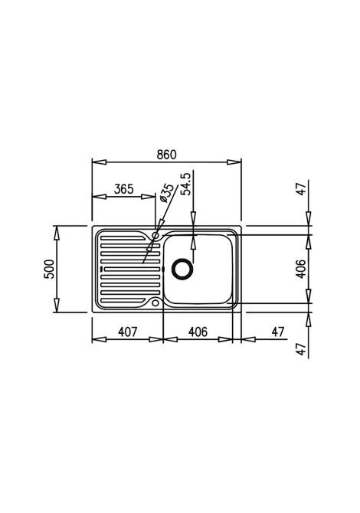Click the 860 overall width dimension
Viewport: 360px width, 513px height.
point(166,155)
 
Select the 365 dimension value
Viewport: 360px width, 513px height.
point(124,189)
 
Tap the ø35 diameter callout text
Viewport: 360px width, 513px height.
point(167,193)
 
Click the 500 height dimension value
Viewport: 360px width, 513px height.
point(49,269)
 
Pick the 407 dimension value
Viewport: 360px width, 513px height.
point(127,332)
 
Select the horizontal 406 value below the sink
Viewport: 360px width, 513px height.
point(198,332)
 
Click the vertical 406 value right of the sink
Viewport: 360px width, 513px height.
point(301,269)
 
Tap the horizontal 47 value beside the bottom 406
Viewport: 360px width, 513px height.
point(278,332)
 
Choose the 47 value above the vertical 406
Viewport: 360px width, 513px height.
point(301,188)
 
